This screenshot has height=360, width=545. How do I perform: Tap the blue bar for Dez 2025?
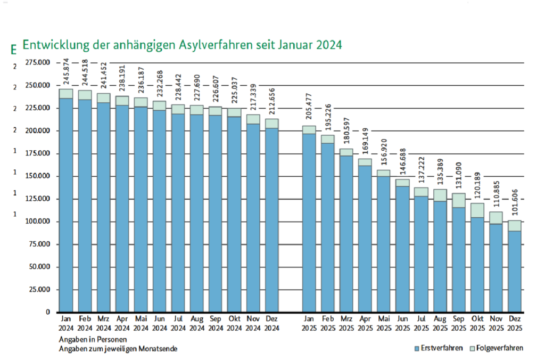coord(514,272)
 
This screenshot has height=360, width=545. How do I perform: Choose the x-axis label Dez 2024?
coord(271,324)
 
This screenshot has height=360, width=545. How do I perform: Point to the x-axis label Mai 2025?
coord(384,324)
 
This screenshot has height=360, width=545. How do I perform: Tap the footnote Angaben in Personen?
coord(89,339)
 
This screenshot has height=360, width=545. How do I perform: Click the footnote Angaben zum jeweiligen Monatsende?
coord(118,349)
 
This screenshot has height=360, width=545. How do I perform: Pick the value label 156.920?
coord(384,155)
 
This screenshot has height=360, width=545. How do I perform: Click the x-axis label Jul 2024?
coord(178,324)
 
